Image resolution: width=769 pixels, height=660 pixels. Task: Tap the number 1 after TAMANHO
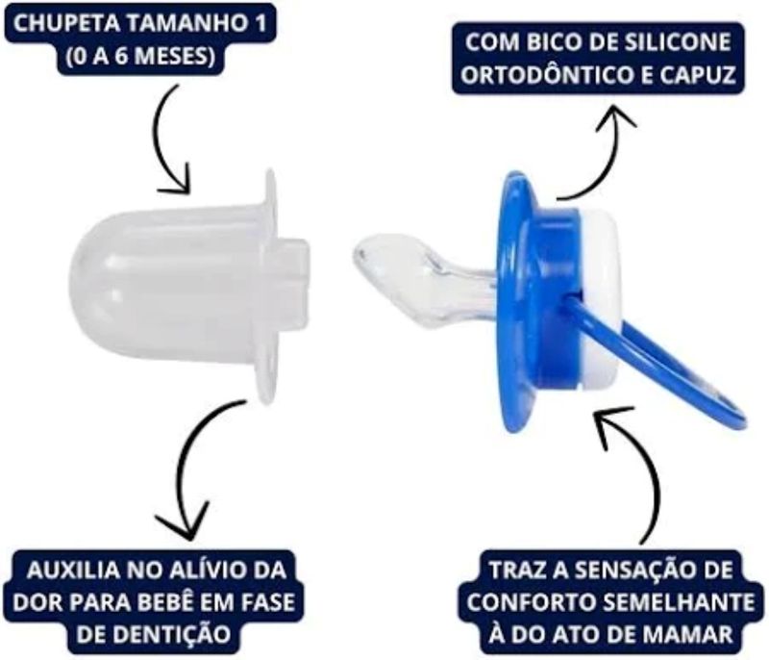(258, 23)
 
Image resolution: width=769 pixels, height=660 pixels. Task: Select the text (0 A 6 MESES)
(141, 56)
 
